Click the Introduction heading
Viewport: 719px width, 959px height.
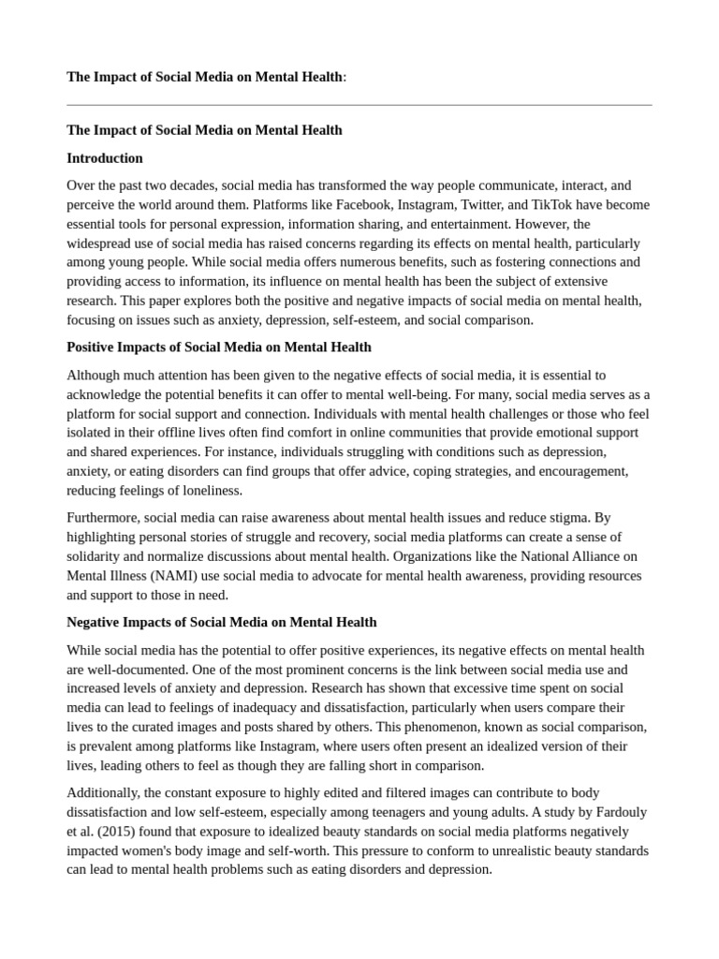(105, 158)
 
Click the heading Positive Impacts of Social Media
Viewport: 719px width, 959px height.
(219, 347)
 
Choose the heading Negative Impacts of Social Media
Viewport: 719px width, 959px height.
(222, 622)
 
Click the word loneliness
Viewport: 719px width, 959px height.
(212, 491)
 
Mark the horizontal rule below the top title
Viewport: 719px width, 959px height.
(359, 105)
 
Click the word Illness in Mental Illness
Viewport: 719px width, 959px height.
(125, 576)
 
